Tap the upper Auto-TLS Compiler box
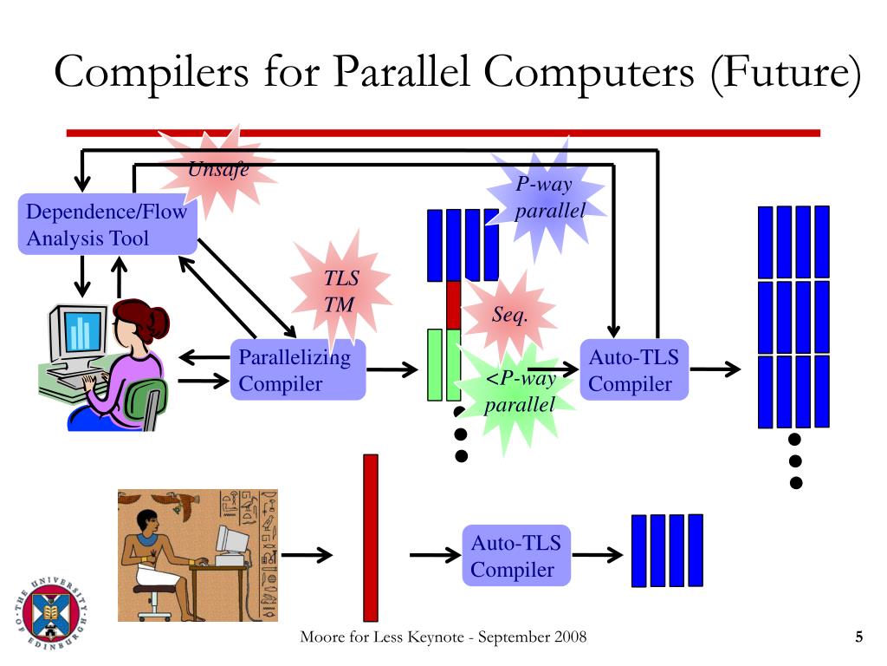634,370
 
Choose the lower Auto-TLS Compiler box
516,556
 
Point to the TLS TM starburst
340,291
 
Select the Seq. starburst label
509,315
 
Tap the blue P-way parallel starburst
548,198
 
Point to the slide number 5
858,638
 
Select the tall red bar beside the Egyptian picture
371,537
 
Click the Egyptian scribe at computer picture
197,555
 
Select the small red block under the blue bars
453,304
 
